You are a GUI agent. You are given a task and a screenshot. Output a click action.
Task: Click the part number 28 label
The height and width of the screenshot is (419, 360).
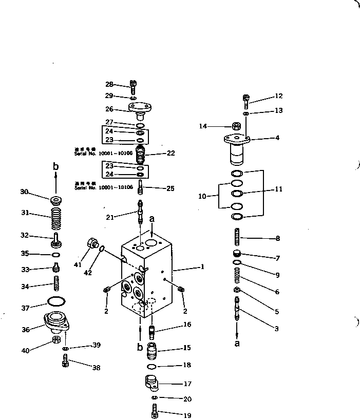point(109,84)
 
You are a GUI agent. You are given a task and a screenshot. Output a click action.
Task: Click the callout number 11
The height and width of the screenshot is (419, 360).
point(278,189)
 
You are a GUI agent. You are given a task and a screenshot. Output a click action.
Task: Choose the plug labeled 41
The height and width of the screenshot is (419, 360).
point(93,243)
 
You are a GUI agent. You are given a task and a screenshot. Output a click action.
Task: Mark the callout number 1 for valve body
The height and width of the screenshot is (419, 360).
point(202,267)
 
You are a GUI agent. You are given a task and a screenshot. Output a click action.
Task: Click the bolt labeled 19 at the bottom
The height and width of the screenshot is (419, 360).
point(154,410)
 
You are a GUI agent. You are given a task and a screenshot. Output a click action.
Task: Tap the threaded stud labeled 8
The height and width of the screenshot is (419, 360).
point(237,238)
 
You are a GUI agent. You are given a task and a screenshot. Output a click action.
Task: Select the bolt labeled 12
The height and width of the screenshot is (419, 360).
point(245,99)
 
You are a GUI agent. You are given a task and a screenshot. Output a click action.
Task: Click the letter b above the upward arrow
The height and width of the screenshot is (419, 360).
point(56,166)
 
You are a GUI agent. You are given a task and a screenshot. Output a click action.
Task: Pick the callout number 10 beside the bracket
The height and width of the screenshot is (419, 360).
point(202,196)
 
